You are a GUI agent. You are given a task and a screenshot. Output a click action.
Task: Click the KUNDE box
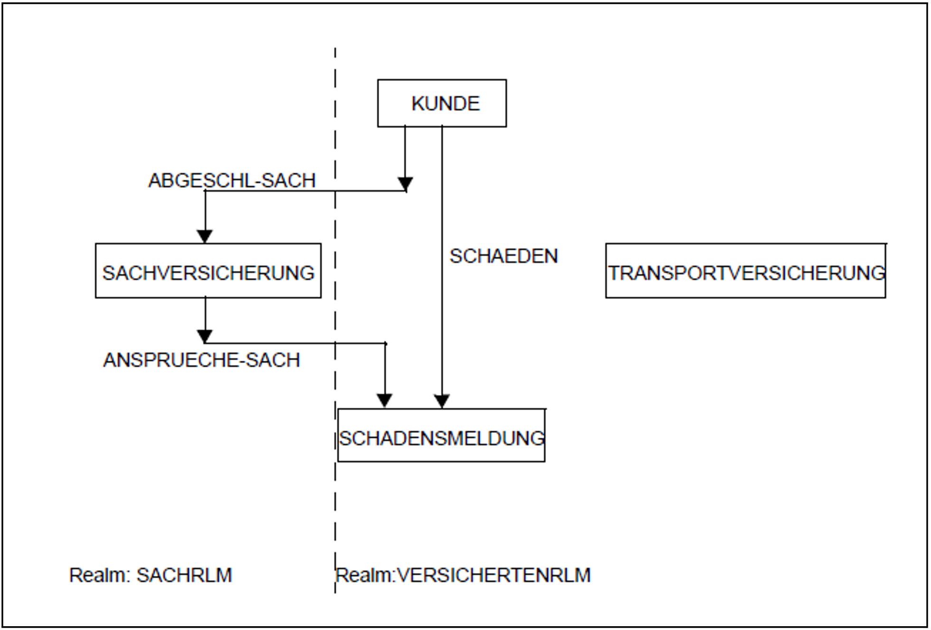[442, 103]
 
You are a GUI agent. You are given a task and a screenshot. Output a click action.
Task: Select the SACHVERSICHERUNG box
[208, 271]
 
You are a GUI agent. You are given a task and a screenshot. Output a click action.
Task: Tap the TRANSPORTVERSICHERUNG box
[746, 271]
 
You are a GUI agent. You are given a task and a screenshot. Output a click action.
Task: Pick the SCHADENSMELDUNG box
[441, 435]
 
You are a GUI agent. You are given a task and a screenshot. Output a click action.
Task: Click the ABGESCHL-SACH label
[232, 180]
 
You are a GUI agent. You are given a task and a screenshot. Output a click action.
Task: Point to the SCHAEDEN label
[503, 256]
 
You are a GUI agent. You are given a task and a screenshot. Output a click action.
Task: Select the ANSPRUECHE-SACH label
[201, 360]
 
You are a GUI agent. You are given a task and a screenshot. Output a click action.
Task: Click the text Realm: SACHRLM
[151, 575]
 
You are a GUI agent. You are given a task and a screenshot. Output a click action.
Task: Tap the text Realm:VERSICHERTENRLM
[463, 575]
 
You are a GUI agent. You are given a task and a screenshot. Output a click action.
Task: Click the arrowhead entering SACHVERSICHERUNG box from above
[205, 236]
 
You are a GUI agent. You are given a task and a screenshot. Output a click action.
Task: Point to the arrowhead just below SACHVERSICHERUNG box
[205, 336]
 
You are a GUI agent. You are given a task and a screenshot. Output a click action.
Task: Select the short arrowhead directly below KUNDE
[405, 184]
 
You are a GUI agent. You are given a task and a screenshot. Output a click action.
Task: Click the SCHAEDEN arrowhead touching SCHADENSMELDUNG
[442, 401]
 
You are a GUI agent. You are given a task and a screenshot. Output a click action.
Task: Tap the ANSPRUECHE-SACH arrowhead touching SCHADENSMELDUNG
[385, 401]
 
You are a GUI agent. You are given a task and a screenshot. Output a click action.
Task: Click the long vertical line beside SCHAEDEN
[442, 266]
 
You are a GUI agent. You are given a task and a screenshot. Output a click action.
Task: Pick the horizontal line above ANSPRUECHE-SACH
[294, 343]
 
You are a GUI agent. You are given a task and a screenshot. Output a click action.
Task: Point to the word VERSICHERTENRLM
[494, 575]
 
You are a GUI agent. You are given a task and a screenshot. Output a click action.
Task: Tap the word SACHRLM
[184, 575]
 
